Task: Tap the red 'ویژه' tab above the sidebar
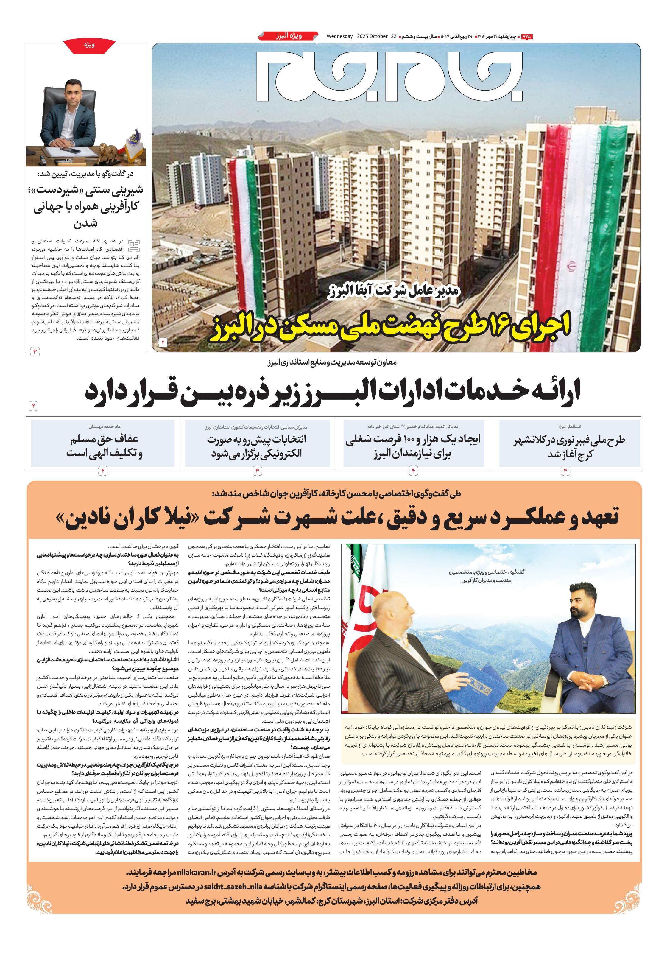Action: click(89, 45)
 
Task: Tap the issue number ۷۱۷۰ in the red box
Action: click(526, 37)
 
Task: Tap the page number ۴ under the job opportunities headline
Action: click(413, 471)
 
